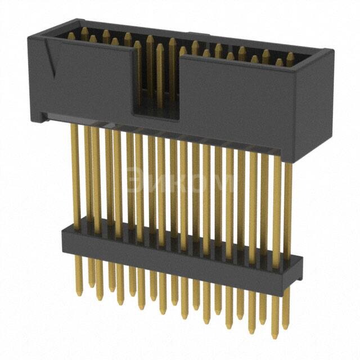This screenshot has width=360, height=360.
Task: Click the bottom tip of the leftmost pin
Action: tap(79, 290)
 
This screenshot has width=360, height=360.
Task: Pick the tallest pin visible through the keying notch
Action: tap(150, 67)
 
